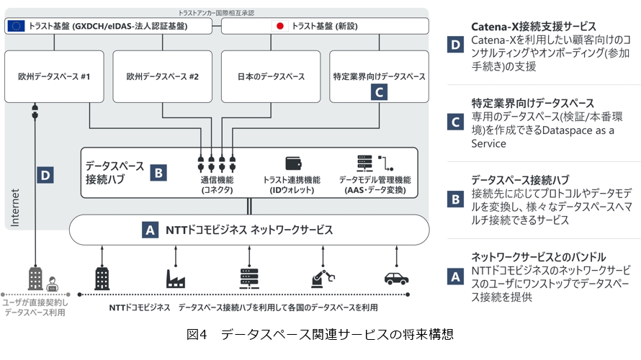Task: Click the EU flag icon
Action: [16, 27]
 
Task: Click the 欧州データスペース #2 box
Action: [162, 76]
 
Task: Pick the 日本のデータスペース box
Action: [271, 76]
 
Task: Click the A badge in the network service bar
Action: [151, 230]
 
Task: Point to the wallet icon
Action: [293, 162]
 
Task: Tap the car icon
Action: [397, 277]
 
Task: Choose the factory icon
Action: [176, 277]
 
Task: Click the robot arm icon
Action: [322, 277]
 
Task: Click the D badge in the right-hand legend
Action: [455, 43]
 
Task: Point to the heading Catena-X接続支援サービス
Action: [534, 27]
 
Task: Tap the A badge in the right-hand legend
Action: [455, 276]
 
